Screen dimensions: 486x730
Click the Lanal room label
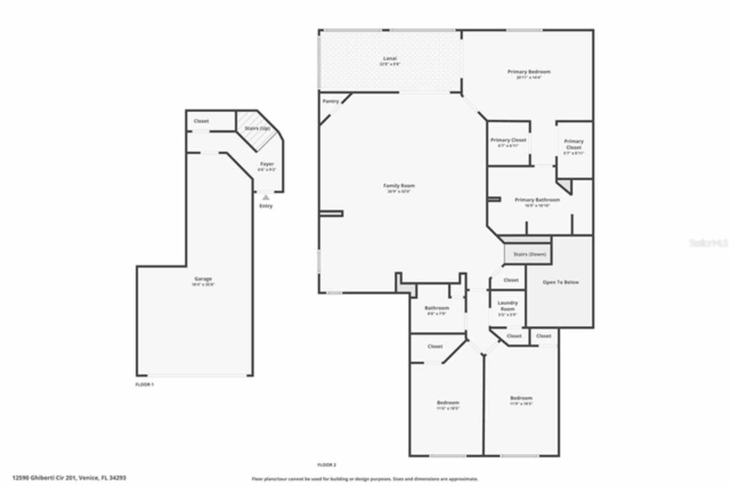pyautogui.click(x=390, y=59)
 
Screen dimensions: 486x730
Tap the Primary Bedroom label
pyautogui.click(x=529, y=72)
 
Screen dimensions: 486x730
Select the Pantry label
pyautogui.click(x=331, y=101)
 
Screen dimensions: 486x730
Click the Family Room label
pyautogui.click(x=399, y=185)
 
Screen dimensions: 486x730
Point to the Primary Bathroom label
pyautogui.click(x=537, y=200)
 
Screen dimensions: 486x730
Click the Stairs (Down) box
pyautogui.click(x=528, y=254)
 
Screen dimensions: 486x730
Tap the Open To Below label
pyautogui.click(x=560, y=282)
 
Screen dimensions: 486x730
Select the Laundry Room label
pyautogui.click(x=508, y=306)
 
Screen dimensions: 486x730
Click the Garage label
pyautogui.click(x=202, y=279)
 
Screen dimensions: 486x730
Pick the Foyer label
pyautogui.click(x=266, y=164)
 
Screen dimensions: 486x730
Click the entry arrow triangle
pyautogui.click(x=266, y=197)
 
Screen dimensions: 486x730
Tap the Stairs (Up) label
pyautogui.click(x=257, y=128)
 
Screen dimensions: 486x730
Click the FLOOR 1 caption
pyautogui.click(x=144, y=384)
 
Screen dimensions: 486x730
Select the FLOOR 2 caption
pyautogui.click(x=327, y=465)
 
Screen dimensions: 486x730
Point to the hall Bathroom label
pyautogui.click(x=437, y=308)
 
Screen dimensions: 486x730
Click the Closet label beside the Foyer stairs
pyautogui.click(x=201, y=121)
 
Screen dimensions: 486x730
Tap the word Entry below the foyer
pyautogui.click(x=266, y=206)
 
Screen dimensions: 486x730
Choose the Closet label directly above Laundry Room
pyautogui.click(x=511, y=280)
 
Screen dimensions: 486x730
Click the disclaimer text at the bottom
pyautogui.click(x=365, y=479)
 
